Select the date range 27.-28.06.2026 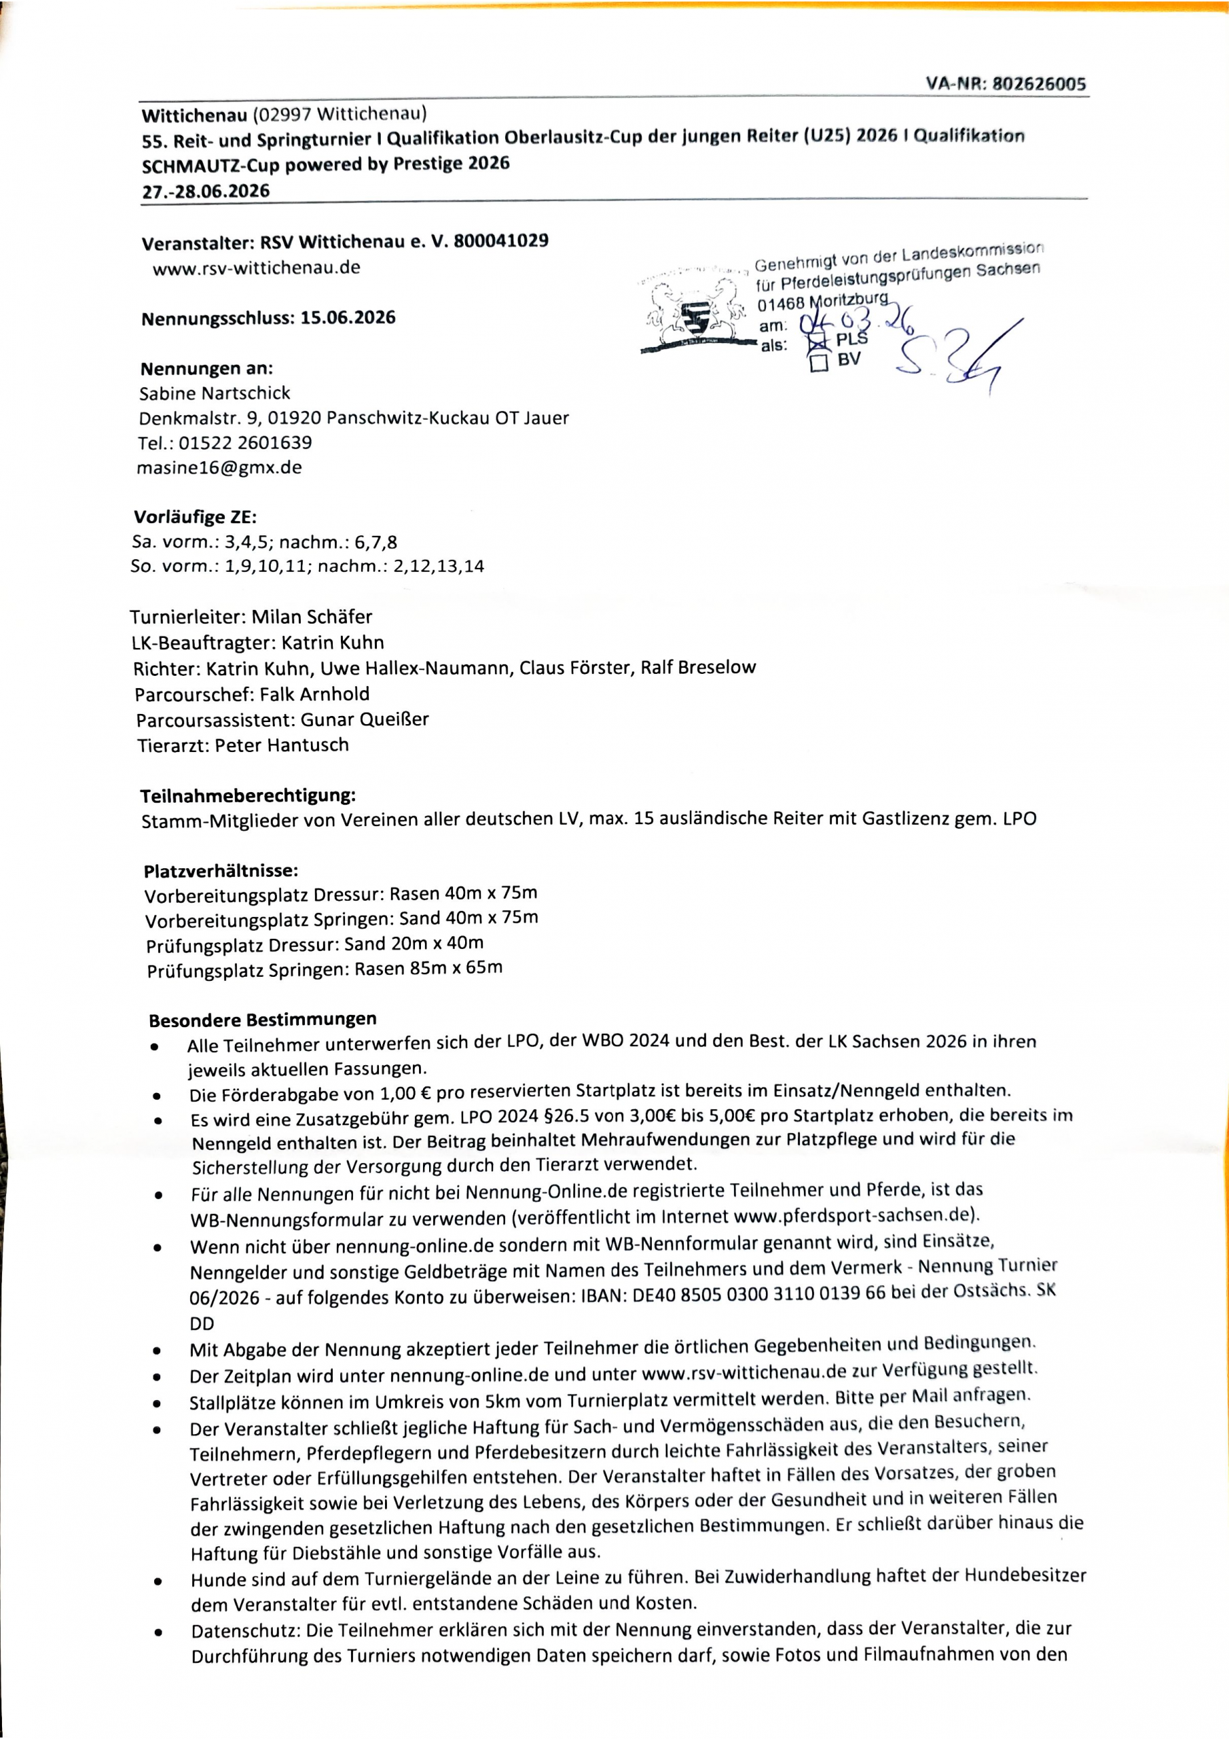click(205, 191)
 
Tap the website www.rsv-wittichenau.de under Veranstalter click(256, 268)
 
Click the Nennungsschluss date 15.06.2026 click(348, 317)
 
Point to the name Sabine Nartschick click(215, 393)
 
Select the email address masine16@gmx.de click(219, 467)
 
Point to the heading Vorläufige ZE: click(196, 518)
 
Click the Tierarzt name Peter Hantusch click(282, 745)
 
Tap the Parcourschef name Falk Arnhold click(314, 694)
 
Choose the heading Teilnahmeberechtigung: click(248, 796)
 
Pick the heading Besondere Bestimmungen click(262, 1019)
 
